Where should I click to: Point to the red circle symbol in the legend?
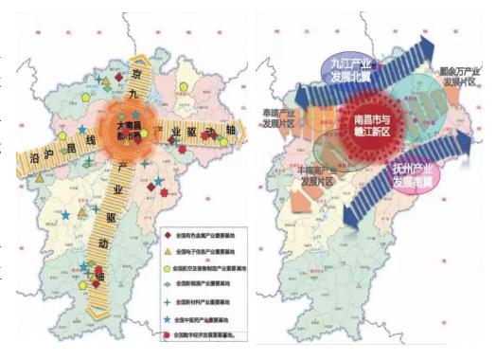(x=167, y=336)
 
